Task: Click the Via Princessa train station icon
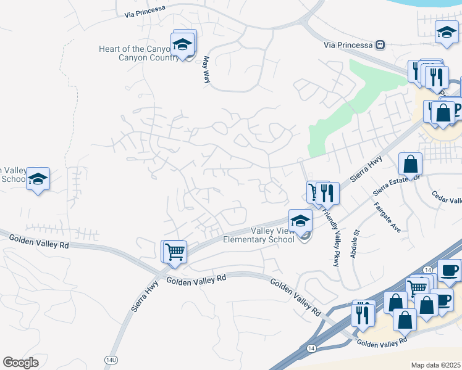pos(380,45)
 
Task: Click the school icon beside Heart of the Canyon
pos(182,44)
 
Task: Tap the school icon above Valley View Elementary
pos(300,220)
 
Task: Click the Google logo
pos(20,363)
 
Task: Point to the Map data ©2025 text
pos(435,365)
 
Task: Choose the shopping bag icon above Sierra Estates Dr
pos(410,165)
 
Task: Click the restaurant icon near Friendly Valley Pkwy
pos(327,193)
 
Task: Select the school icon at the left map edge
pos(38,179)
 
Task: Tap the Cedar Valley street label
pos(447,200)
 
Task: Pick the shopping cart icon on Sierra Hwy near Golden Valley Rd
pos(175,252)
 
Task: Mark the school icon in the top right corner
pos(446,32)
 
